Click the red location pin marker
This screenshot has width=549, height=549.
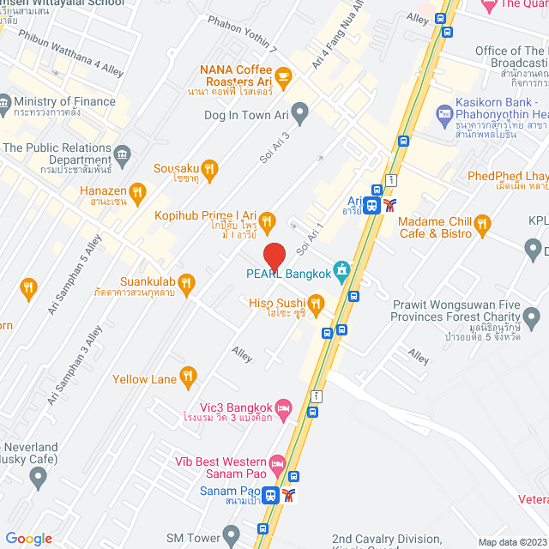tap(274, 256)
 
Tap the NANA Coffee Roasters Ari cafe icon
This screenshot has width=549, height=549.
tap(283, 77)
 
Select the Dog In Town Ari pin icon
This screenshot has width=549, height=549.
tap(299, 111)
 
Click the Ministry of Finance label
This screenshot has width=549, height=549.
tap(64, 101)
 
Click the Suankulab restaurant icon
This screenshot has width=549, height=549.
tap(188, 281)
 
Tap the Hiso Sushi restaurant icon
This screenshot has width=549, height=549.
tap(317, 302)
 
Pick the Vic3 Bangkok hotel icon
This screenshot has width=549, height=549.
tap(285, 407)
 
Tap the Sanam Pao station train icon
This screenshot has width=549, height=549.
tap(269, 495)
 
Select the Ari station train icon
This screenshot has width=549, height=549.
tap(371, 204)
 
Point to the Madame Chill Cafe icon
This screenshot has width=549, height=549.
tap(482, 226)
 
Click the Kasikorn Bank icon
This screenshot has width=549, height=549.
tap(443, 112)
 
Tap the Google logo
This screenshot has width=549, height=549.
tap(29, 539)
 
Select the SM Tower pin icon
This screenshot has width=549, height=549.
tap(232, 537)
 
